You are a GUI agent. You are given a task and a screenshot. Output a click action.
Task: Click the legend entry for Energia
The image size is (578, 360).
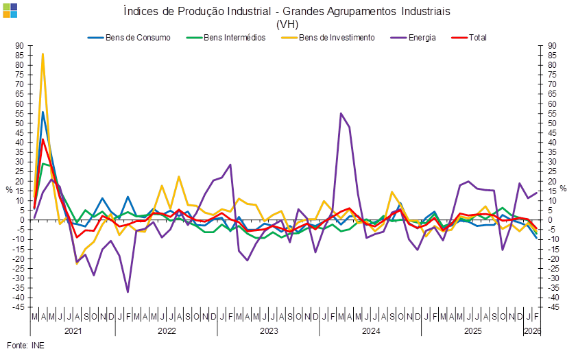coord(421,38)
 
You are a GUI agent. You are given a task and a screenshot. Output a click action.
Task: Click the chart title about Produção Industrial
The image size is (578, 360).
coord(287,12)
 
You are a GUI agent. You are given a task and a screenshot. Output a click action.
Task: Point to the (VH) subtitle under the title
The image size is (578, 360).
coord(287,24)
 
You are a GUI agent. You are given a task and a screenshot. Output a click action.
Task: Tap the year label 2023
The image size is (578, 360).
coord(268,331)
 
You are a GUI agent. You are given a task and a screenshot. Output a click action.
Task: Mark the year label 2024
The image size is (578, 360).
coord(370,331)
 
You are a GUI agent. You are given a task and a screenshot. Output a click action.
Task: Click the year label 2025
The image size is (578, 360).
coord(472,331)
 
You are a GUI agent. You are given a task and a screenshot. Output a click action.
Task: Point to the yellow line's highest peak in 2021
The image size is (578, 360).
coord(43,53)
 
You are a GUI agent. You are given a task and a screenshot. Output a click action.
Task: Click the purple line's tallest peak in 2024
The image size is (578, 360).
coord(341,114)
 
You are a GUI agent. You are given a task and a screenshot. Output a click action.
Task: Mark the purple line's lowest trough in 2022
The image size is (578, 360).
coord(128,292)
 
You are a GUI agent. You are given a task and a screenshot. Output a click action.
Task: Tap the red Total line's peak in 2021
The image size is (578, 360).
coord(43,140)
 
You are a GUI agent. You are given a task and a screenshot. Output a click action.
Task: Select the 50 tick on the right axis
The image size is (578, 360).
coord(553,123)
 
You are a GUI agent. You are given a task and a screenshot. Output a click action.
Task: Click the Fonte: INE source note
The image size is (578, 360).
coord(25,346)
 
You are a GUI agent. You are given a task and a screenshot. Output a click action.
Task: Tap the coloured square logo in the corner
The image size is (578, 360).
coord(10,10)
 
